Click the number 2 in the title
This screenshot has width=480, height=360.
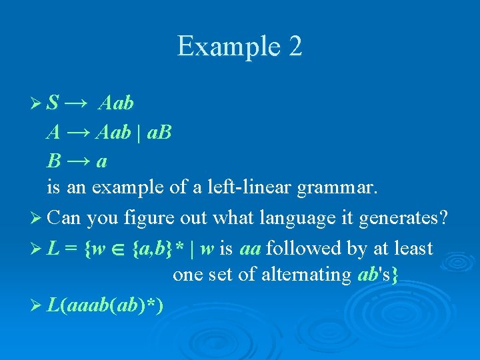[294, 47]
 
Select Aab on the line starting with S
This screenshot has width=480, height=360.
[116, 104]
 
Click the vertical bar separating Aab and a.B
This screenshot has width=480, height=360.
[139, 133]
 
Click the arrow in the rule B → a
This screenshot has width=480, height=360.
[80, 161]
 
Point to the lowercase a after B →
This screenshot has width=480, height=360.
[102, 162]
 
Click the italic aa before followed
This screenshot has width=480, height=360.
[250, 249]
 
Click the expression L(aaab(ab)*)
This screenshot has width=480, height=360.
[107, 304]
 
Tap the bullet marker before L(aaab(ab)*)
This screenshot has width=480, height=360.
[37, 305]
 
